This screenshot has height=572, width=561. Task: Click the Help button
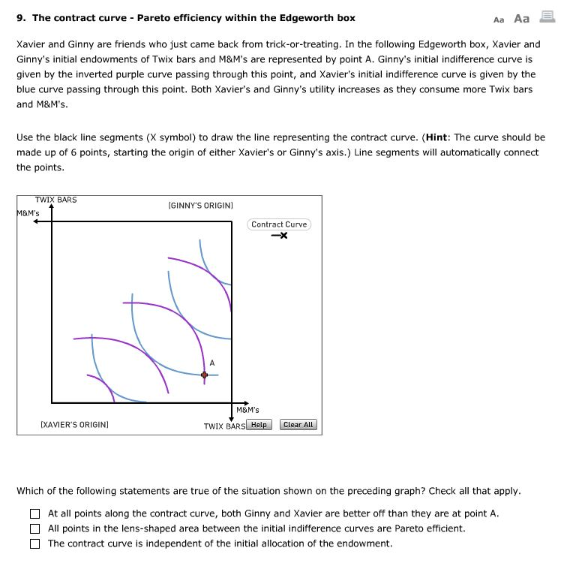pos(259,425)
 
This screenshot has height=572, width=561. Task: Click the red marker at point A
pos(204,375)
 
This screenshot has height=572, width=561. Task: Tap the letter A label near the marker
pos(212,363)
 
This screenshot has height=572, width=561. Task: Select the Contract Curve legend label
pos(279,224)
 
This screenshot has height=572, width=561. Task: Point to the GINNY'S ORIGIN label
pos(201,205)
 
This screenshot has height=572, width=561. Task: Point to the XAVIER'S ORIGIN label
pos(74,425)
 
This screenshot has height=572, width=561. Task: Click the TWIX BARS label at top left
pos(55,200)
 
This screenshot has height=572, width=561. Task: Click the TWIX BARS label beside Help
pos(224,426)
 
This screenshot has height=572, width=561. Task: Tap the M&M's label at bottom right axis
pos(247,410)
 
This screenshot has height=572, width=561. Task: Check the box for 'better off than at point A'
pos(34,514)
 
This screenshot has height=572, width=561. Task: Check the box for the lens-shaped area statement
pos(34,528)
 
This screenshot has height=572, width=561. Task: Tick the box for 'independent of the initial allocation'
pos(34,543)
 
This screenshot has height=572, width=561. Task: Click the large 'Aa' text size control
pos(521,19)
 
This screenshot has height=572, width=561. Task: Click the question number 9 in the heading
pos(21,18)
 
